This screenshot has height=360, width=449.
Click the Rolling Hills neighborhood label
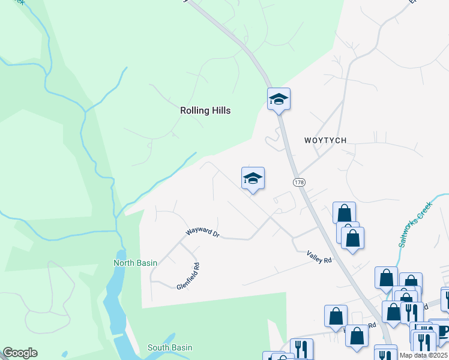(205, 110)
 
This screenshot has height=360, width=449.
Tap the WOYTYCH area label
(325, 140)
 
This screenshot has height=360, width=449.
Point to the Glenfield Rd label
(188, 275)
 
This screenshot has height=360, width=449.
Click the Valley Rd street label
(319, 256)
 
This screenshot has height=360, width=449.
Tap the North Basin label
(136, 263)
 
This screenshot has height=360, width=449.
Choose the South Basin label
(170, 347)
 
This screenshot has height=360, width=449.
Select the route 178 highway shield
(298, 181)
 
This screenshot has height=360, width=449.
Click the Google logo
(20, 353)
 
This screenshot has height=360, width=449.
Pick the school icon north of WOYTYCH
(279, 98)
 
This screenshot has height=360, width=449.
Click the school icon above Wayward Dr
(253, 178)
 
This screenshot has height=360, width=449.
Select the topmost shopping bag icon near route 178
(344, 212)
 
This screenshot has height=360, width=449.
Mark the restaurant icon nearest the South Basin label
(301, 349)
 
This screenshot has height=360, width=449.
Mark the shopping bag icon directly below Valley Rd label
(336, 316)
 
